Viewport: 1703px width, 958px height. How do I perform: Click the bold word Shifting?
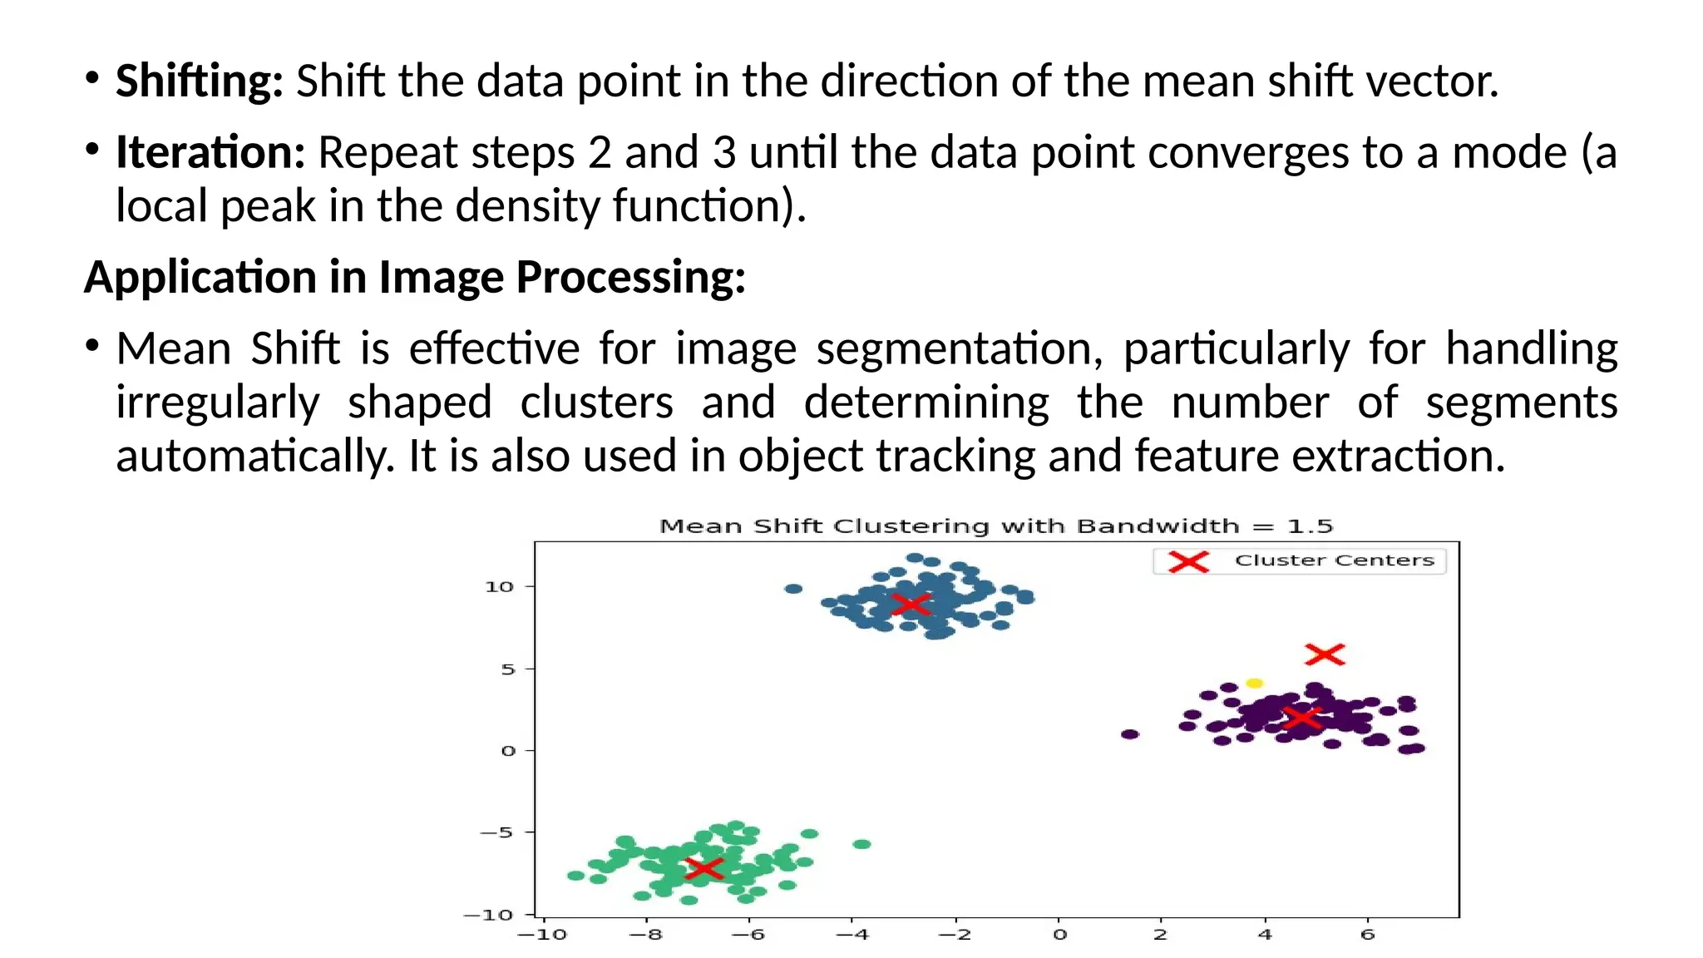[x=199, y=81]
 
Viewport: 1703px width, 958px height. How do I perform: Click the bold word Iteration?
[x=210, y=153]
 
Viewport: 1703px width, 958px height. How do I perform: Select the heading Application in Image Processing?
[x=414, y=277]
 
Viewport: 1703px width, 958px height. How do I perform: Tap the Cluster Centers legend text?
[x=1334, y=560]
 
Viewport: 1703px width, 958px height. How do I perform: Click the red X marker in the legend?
[x=1188, y=561]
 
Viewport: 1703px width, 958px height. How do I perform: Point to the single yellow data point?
[x=1254, y=683]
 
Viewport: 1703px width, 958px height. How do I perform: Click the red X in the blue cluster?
[x=911, y=604]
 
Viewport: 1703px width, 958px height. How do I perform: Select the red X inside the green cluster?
[x=704, y=869]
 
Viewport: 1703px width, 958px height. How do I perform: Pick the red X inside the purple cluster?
[x=1302, y=717]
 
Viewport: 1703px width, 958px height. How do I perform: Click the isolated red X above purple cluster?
[x=1325, y=654]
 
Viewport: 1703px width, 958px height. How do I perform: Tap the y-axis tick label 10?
[x=499, y=587]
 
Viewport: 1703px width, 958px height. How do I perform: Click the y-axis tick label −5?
[x=496, y=832]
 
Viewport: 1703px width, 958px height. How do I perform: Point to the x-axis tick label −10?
[x=541, y=935]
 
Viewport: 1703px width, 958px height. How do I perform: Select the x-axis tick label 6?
[x=1368, y=935]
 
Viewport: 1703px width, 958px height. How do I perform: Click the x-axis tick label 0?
[x=1059, y=935]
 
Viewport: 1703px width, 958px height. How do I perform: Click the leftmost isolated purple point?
[x=1129, y=734]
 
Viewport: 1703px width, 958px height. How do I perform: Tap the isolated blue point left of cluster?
[x=793, y=589]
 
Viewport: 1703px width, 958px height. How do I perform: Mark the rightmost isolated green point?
[x=862, y=844]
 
